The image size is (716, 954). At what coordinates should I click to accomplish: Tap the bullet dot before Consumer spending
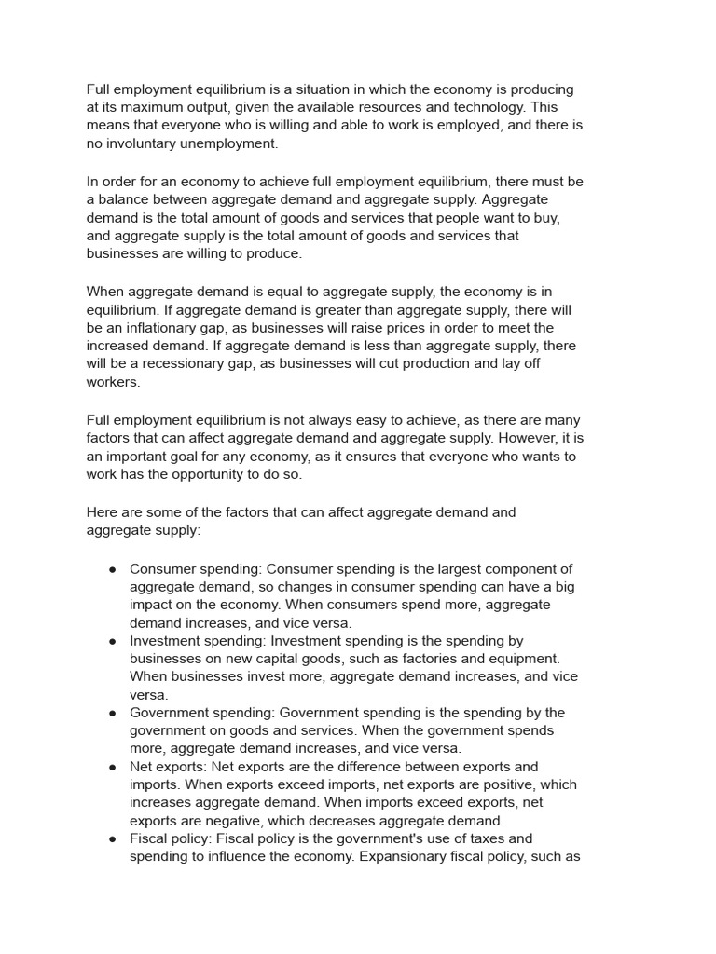tap(112, 569)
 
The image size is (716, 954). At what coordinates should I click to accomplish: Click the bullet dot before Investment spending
tap(112, 641)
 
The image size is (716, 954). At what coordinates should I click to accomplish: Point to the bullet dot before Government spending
tap(112, 713)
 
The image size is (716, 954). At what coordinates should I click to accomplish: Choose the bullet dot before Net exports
tap(112, 767)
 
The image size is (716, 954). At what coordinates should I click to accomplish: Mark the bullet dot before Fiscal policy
tap(112, 838)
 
